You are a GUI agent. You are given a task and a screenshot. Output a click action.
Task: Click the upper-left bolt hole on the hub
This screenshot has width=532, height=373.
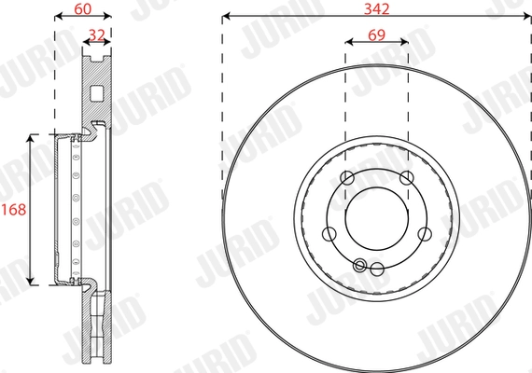click(347, 179)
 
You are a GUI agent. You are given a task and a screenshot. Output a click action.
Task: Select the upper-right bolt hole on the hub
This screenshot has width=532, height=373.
click(406, 179)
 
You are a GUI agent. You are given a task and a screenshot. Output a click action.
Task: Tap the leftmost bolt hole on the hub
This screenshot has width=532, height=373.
click(329, 234)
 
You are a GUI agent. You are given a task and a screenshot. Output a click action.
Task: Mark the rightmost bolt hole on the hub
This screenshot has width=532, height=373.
click(425, 234)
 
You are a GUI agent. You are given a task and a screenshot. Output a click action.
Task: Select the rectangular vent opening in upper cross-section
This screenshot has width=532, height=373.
click(98, 92)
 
